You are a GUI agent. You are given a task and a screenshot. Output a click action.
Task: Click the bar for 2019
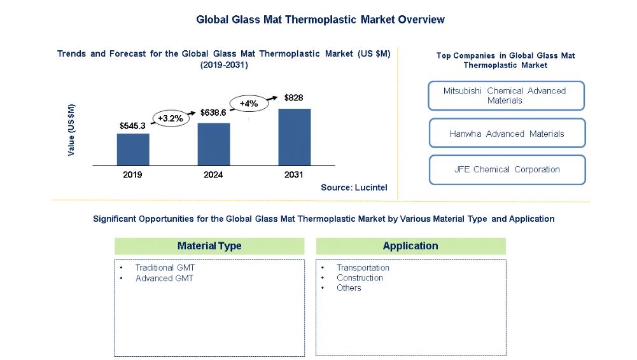pos(133,149)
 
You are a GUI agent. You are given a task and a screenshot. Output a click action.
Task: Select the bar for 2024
pos(214,144)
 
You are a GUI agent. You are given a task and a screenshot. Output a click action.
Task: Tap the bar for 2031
pos(295,137)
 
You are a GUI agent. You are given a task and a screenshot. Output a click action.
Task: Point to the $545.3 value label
pos(132,126)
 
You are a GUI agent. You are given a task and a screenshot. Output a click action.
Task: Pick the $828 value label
pos(294,98)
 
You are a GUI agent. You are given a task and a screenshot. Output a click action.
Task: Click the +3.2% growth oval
pos(171,118)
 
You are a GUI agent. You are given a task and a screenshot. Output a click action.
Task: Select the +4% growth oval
pos(249,103)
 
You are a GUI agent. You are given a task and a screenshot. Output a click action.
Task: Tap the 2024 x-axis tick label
pos(214,175)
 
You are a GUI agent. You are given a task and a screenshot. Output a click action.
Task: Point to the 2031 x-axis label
pos(294,175)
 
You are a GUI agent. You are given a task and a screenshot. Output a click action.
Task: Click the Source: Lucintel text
pos(354,188)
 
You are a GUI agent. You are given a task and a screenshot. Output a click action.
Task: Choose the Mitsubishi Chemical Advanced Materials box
pos(506,95)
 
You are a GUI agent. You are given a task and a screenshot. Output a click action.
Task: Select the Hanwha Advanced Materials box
pos(506,134)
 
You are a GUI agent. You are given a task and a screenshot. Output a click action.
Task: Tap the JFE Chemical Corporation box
pos(506,169)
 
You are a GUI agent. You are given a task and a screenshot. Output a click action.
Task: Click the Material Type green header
pos(209,246)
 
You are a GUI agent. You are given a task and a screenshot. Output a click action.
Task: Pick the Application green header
pos(410,246)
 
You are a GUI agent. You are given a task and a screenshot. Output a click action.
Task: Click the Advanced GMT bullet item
pos(164,278)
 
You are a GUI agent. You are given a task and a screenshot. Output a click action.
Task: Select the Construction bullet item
pos(360,278)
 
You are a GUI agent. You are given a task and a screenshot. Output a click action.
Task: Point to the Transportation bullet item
pos(363,268)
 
